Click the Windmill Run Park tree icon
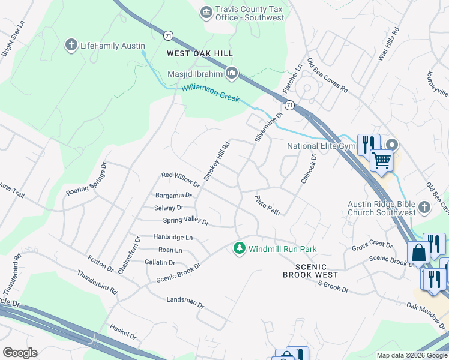click(x=240, y=248)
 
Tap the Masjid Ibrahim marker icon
click(x=232, y=74)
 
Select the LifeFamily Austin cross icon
click(x=71, y=45)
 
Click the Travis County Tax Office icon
click(x=206, y=12)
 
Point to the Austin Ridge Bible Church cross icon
click(x=424, y=207)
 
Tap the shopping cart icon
click(x=381, y=160)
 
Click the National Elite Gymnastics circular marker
click(x=392, y=145)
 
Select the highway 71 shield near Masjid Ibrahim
click(x=170, y=35)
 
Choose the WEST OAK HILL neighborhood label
click(x=200, y=54)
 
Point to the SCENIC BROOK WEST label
click(x=310, y=271)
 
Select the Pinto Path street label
click(x=267, y=205)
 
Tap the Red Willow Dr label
click(x=181, y=179)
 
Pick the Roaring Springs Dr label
click(x=86, y=182)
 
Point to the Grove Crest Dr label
click(x=372, y=246)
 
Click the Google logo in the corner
click(x=20, y=352)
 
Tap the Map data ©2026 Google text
click(x=412, y=355)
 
